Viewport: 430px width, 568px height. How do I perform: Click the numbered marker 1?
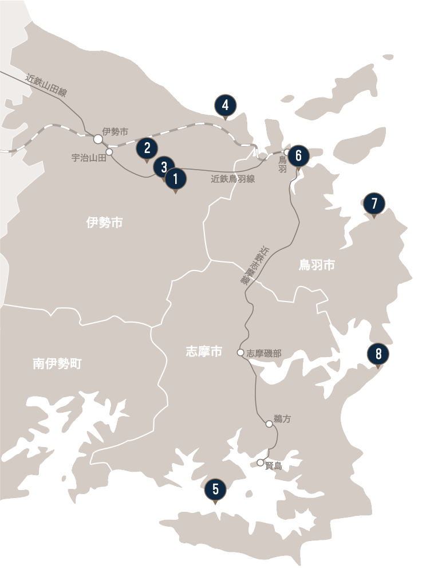(x=175, y=179)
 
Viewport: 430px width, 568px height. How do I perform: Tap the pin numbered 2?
(x=147, y=148)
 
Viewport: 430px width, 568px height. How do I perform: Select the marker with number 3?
(x=164, y=167)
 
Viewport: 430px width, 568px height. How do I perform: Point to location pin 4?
(x=226, y=105)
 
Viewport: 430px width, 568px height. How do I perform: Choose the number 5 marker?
(x=215, y=489)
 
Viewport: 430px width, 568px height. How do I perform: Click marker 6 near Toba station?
(x=298, y=155)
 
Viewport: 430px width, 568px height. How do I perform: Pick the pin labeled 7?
(x=374, y=203)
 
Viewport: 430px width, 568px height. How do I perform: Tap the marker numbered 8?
(x=378, y=353)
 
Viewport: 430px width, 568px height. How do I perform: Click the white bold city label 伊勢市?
(x=104, y=223)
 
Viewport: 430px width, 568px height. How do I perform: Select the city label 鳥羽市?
(x=317, y=265)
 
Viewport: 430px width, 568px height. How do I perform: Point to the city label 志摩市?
(x=204, y=352)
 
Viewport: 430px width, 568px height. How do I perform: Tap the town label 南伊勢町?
(x=57, y=363)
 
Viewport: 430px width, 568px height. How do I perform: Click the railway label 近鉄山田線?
(x=46, y=86)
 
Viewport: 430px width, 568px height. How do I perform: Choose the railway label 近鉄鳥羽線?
(x=233, y=179)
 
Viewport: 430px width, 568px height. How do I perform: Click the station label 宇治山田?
(x=89, y=157)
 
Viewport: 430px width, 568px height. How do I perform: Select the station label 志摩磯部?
(x=264, y=354)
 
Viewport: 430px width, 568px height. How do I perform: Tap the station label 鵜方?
(x=283, y=419)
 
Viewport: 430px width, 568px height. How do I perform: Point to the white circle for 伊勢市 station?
(x=98, y=139)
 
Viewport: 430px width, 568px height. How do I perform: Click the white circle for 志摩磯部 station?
(x=241, y=352)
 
